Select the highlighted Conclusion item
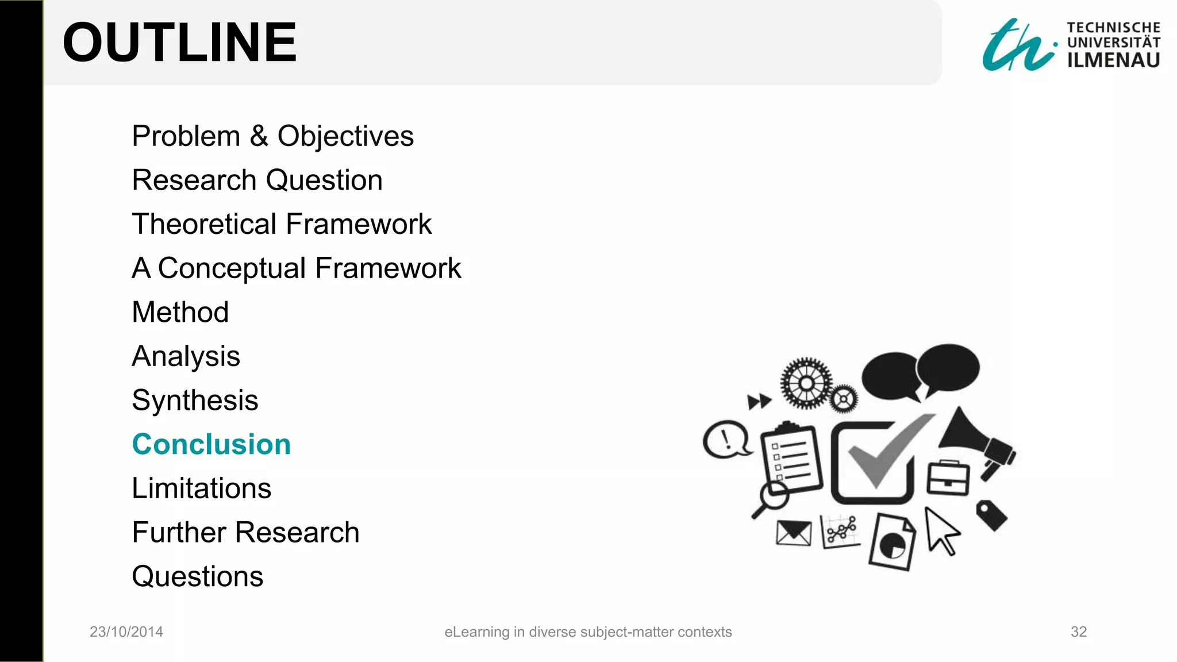coord(211,444)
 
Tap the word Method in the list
coord(180,312)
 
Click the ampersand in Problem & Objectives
coord(259,136)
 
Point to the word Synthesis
coord(195,400)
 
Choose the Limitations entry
coord(201,488)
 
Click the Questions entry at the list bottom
coord(197,576)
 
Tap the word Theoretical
coord(204,224)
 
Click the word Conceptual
coord(232,268)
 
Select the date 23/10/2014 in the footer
coord(126,632)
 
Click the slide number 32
coord(1078,632)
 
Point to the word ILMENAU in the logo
coord(1113,60)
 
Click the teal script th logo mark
coord(1017,46)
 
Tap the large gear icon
coord(806,383)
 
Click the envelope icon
coord(793,533)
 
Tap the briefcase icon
coord(948,478)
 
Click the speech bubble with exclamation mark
coord(726,440)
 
